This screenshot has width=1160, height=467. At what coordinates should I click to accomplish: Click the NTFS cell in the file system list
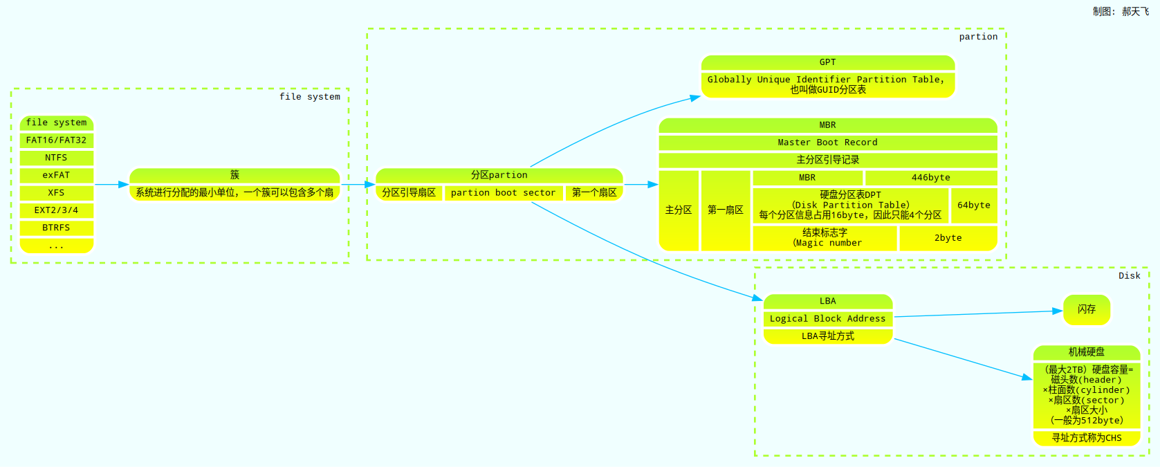[56, 158]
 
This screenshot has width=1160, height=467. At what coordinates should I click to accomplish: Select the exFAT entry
[56, 175]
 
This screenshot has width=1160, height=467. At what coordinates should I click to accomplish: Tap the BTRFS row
[56, 228]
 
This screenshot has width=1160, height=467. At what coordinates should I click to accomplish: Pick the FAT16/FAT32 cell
[56, 140]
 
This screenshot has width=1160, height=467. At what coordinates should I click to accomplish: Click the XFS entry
[56, 193]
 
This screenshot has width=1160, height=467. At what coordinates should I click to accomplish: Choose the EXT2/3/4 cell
[56, 210]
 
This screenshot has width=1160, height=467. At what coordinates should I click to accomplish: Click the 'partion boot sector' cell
[503, 193]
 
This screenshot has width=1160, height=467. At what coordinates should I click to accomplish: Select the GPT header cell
[827, 62]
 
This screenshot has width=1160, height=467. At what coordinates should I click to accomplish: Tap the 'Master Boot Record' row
[827, 143]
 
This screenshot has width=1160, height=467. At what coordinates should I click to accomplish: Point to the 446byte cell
[930, 178]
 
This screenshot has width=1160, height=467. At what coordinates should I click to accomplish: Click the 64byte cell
[973, 205]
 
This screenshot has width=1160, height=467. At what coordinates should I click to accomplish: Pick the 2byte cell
[948, 238]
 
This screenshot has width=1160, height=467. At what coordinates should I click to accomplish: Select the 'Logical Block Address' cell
[827, 319]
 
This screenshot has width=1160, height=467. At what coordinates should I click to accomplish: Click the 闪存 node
[1086, 309]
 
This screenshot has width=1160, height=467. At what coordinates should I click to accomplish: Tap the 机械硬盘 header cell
[1086, 352]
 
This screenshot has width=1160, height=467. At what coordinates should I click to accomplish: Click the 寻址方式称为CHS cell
[1086, 438]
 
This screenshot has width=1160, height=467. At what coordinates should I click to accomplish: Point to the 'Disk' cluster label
[1129, 276]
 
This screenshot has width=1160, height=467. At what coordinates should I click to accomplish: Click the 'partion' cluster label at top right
[978, 37]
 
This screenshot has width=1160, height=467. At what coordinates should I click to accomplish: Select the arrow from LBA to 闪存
[978, 314]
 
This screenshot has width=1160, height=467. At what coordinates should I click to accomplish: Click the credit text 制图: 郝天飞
[1121, 12]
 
